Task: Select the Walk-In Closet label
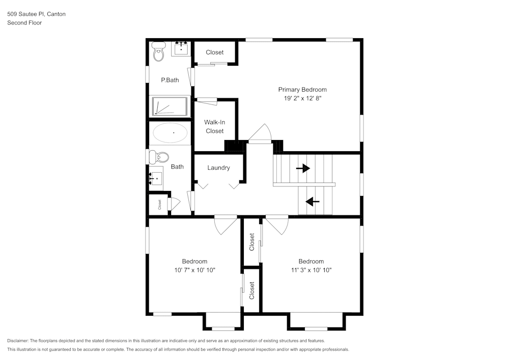(x=214, y=127)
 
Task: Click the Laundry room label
(x=218, y=168)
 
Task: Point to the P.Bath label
(x=169, y=80)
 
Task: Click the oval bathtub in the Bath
(x=170, y=133)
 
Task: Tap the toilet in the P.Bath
(x=159, y=51)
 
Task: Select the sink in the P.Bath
(x=181, y=49)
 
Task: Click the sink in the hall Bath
(x=156, y=179)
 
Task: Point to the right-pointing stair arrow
(x=303, y=168)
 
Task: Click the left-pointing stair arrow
(x=313, y=202)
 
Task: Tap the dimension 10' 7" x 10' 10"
(x=194, y=270)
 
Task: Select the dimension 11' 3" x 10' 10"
(x=311, y=270)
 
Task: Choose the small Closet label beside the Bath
(x=159, y=205)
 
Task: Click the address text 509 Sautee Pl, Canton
(x=36, y=14)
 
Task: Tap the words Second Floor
(x=24, y=23)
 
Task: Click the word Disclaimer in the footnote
(x=18, y=341)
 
